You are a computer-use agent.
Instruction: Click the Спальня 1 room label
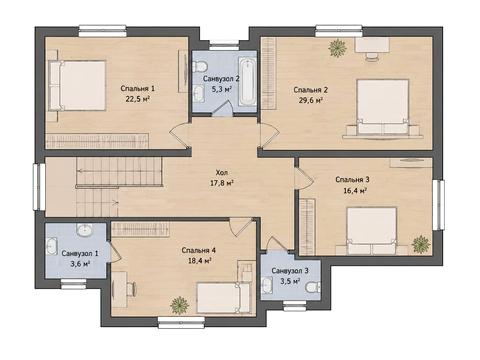(138, 89)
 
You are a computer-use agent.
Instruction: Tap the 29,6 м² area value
(310, 101)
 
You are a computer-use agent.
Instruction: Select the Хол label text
(222, 172)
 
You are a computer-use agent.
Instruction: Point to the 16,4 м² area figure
(355, 191)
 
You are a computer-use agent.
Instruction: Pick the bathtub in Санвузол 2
(248, 81)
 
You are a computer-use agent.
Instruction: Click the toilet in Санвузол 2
(200, 67)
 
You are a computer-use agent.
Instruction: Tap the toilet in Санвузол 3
(313, 286)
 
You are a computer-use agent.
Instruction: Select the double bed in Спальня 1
(78, 86)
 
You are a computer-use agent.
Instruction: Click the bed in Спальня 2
(383, 107)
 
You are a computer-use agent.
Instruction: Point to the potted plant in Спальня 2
(338, 48)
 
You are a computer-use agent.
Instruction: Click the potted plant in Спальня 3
(421, 244)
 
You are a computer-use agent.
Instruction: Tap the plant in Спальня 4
(179, 305)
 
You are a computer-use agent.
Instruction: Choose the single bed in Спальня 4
(223, 297)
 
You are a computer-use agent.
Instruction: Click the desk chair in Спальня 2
(372, 56)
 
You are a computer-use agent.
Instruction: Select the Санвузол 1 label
(80, 254)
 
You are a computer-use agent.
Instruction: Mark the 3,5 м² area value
(290, 281)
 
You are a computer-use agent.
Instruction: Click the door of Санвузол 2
(223, 108)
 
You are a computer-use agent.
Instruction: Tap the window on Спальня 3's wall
(438, 205)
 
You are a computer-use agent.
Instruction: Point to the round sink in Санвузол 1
(84, 230)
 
